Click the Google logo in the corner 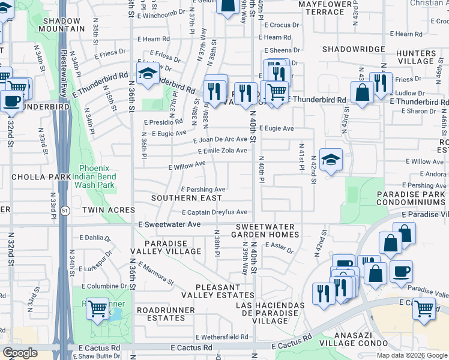coord(20,353)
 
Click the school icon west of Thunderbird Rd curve coord(148,74)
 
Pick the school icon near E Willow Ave coord(331,160)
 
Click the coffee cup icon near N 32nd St coord(11,101)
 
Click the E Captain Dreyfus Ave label coord(214,212)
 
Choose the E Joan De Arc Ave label coord(220,139)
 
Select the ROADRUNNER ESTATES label coord(166,314)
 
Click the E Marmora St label coord(156,274)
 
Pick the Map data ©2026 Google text coord(412,355)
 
